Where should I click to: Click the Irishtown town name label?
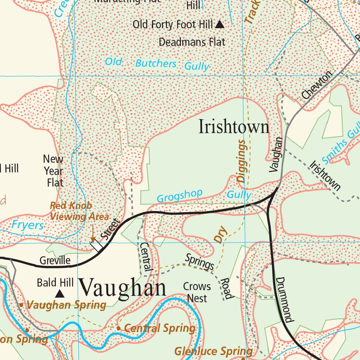tap(234, 127)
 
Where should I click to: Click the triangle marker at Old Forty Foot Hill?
tap(220, 24)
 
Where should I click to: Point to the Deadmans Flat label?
tap(192, 42)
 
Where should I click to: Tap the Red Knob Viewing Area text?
tap(79, 211)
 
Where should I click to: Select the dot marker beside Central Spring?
tap(118, 328)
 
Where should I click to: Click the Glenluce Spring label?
tap(213, 351)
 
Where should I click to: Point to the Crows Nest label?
tap(197, 292)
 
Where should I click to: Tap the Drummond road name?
tap(284, 300)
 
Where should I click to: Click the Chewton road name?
tap(317, 85)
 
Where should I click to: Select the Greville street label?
tap(55, 261)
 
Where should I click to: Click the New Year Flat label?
tap(54, 171)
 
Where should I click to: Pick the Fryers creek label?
tap(28, 225)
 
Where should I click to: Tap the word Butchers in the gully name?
tap(156, 64)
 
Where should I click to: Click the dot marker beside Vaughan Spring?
tap(21, 305)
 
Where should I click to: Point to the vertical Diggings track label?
tap(241, 161)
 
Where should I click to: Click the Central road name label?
tap(146, 256)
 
